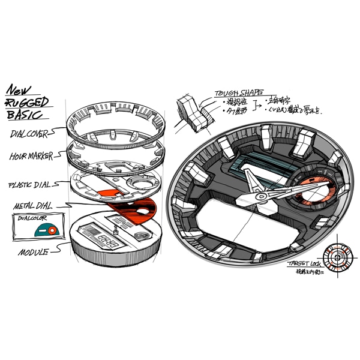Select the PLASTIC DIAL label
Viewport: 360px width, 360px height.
coord(31,184)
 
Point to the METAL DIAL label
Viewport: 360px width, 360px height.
coord(32,206)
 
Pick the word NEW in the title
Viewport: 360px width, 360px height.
coord(20,91)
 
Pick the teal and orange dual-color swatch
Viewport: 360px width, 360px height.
coord(46,229)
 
